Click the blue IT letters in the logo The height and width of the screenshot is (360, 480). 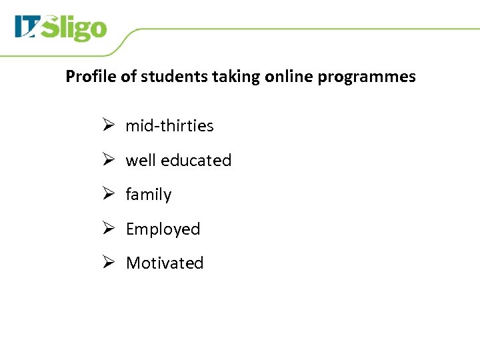click(x=28, y=27)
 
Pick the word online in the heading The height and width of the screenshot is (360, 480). click(x=289, y=77)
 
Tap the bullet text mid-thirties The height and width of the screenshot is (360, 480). click(x=169, y=126)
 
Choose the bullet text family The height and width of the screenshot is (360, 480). click(x=149, y=195)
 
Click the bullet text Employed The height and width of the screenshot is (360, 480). click(x=163, y=229)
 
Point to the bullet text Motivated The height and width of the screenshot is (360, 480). click(x=165, y=263)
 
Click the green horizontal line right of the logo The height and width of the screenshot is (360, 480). click(x=300, y=29)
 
